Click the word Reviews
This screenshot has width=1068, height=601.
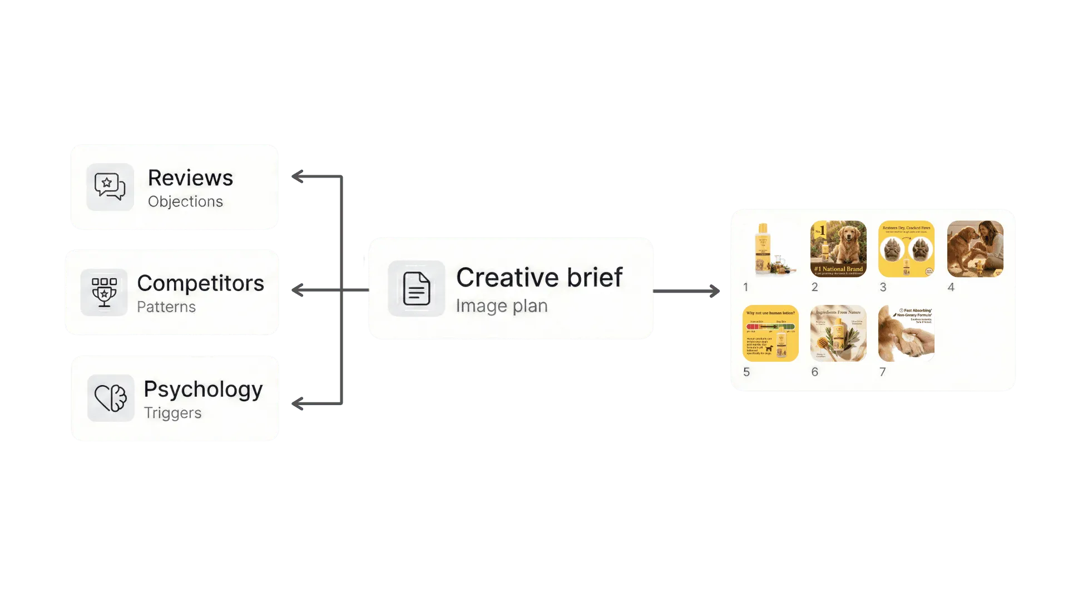190,178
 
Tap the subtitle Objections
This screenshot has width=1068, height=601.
185,201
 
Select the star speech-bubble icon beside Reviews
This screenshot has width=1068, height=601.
110,187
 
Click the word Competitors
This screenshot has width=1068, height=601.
200,283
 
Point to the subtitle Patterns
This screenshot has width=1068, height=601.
166,307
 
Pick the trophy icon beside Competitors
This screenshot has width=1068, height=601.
104,293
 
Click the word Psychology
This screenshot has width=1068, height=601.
203,389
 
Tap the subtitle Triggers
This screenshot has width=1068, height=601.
172,413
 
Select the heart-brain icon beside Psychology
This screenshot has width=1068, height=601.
110,398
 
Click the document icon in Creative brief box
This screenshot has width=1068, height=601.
416,288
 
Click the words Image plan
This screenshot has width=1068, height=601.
502,306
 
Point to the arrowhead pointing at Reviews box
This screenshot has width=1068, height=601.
298,178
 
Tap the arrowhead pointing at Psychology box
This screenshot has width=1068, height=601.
298,404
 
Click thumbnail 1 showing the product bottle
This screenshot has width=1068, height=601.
770,249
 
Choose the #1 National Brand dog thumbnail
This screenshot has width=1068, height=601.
838,249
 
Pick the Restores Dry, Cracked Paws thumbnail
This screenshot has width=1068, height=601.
906,249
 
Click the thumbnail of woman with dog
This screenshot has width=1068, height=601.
975,249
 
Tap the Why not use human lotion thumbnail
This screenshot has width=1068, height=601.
770,333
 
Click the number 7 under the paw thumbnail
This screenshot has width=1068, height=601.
882,372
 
